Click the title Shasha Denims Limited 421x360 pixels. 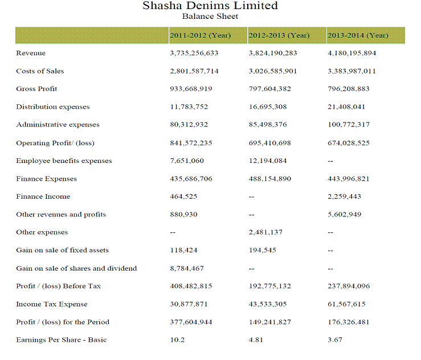(210, 6)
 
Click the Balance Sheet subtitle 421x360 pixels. (210, 17)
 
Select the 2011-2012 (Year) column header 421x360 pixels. (200, 35)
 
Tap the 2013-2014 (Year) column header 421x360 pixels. (358, 35)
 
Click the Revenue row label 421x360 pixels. (31, 53)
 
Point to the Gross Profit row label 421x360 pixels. (36, 89)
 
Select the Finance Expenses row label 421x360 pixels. (46, 179)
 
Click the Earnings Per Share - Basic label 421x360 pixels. (62, 340)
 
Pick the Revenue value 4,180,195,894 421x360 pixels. (352, 53)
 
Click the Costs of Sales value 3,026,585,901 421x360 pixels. (273, 71)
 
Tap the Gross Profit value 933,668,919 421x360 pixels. (191, 89)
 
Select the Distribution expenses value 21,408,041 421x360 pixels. (346, 107)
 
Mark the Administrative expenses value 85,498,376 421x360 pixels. (268, 125)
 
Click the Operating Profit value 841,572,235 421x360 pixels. (191, 143)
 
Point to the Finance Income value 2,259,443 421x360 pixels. (344, 197)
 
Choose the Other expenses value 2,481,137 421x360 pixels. (265, 232)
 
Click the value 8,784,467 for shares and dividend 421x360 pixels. (187, 268)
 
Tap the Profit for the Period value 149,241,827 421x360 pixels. (270, 322)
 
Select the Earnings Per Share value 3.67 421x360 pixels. (335, 340)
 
